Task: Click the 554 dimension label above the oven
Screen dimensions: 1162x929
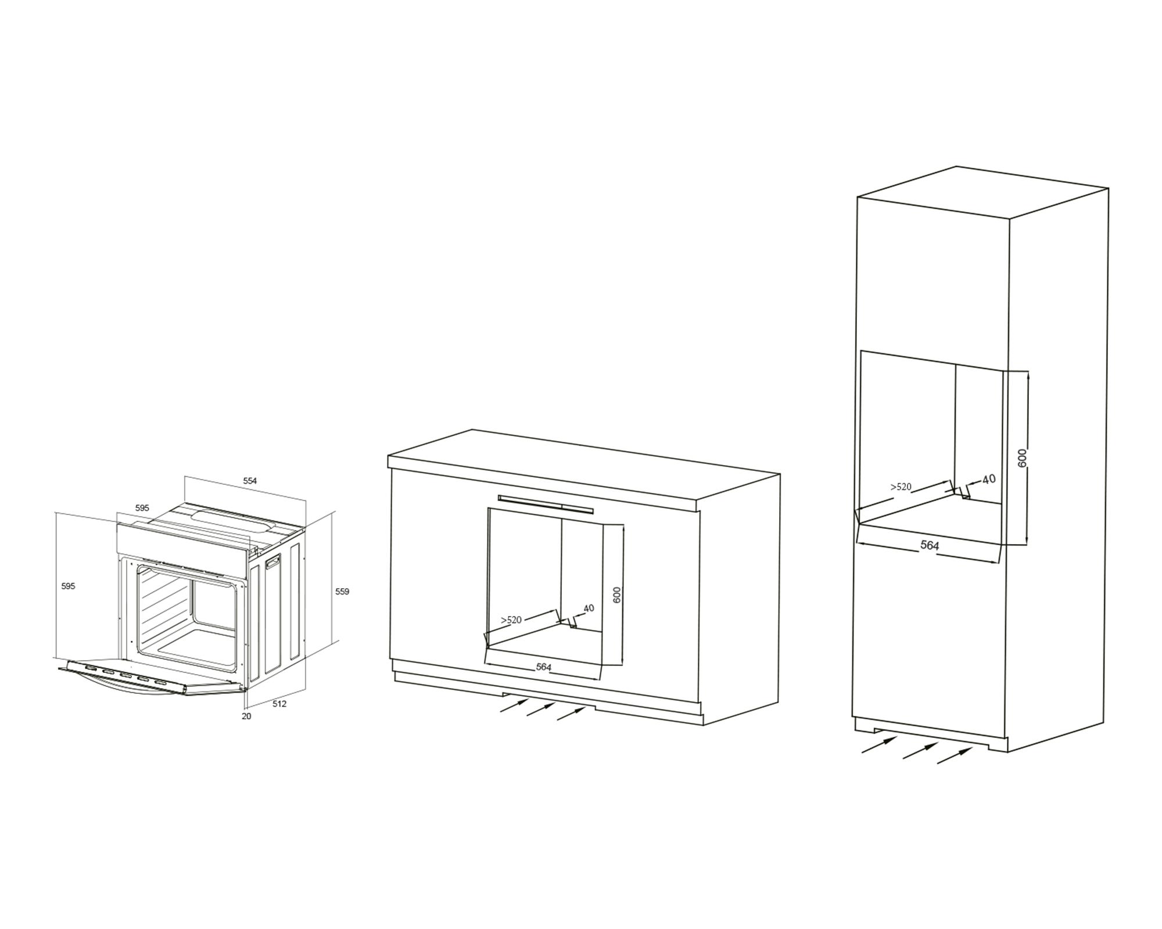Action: tap(250, 481)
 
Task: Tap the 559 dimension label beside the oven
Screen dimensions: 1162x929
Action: tap(342, 592)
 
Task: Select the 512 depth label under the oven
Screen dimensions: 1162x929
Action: tap(279, 704)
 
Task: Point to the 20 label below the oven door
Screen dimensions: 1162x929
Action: tap(246, 716)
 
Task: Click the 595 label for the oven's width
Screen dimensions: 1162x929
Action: tap(142, 507)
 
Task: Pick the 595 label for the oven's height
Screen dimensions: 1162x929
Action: tap(68, 586)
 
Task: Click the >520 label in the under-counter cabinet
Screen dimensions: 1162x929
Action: tap(511, 620)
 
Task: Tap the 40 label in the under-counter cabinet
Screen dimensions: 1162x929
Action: tap(589, 608)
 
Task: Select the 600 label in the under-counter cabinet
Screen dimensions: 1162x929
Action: tap(617, 594)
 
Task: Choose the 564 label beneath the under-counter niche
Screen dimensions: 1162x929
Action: tap(543, 667)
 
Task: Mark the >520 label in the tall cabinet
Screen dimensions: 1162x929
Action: tap(901, 487)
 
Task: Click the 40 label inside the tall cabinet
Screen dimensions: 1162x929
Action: tap(989, 479)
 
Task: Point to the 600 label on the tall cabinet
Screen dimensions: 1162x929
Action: tap(1023, 458)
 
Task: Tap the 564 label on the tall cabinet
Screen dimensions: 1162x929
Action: tap(930, 545)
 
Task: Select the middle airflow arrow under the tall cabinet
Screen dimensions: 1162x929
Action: tap(919, 750)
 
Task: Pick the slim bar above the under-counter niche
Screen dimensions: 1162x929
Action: tap(546, 504)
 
